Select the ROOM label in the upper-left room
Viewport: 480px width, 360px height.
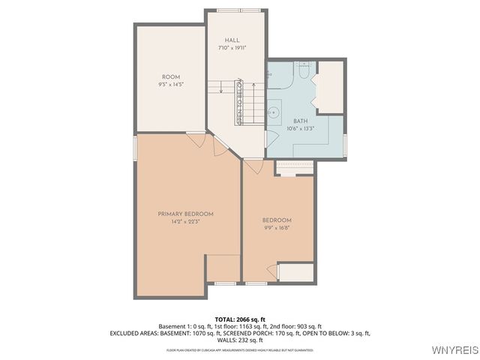point(170,77)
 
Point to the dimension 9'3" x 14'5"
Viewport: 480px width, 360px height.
point(170,85)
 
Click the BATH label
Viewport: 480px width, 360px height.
point(300,121)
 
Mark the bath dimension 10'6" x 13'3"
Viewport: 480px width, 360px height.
point(300,128)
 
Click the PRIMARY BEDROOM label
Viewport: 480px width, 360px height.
point(185,214)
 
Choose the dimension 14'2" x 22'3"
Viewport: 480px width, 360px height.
point(185,221)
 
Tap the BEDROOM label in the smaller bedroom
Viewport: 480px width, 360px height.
point(276,220)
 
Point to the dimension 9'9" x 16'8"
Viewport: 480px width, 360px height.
point(276,227)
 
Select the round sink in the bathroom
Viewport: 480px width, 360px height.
point(275,112)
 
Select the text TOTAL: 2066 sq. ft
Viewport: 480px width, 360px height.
point(239,319)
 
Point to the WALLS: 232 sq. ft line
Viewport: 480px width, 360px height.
point(239,340)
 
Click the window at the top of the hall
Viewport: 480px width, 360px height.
point(235,10)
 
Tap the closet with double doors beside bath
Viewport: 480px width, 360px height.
point(328,86)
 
